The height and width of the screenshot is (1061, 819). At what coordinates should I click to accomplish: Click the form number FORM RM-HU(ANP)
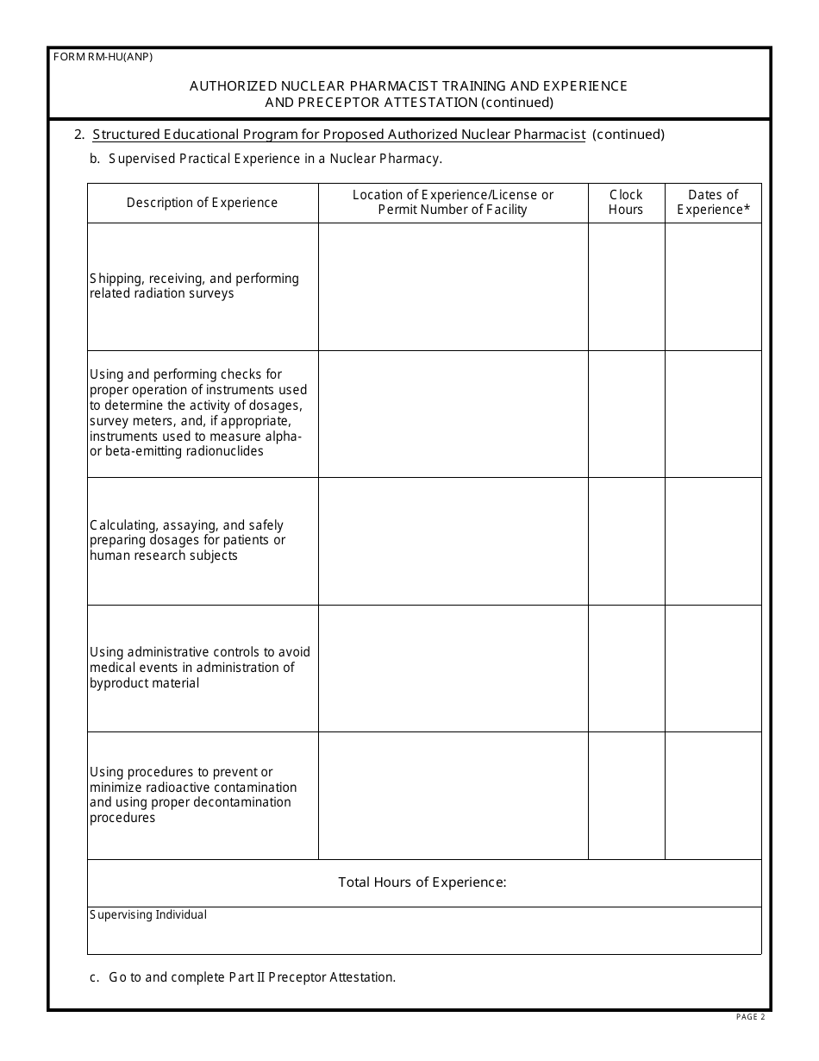pos(103,58)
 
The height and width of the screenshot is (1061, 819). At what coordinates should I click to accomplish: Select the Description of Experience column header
pos(202,203)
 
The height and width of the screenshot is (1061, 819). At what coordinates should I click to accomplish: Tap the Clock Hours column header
pos(626,203)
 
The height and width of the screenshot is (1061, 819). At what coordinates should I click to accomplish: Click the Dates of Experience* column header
pos(713,203)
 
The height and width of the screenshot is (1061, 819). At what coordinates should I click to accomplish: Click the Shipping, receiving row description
pos(194,286)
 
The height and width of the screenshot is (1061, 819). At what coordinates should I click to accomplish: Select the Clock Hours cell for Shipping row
pos(626,286)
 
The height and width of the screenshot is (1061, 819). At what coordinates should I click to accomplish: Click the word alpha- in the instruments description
pos(284,436)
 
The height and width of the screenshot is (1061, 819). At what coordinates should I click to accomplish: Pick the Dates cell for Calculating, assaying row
pos(713,541)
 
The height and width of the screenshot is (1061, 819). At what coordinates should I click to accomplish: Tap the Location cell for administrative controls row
pos(453,668)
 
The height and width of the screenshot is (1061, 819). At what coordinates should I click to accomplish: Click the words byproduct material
pos(145,683)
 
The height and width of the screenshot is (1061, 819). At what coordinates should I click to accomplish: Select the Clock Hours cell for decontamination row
pos(626,795)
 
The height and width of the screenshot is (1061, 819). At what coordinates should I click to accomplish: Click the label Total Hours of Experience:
pos(422,882)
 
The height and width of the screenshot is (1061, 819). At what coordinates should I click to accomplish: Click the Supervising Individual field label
pos(148,915)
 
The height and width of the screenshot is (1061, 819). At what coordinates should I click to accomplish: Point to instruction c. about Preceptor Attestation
pos(243,977)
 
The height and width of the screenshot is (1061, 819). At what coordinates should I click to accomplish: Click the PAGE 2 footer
pos(750,1018)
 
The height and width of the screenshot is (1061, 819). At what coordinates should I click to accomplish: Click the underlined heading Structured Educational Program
pos(339,135)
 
